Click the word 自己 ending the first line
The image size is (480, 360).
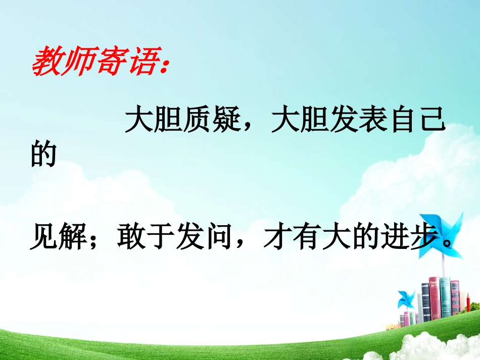pyautogui.click(x=417, y=121)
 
